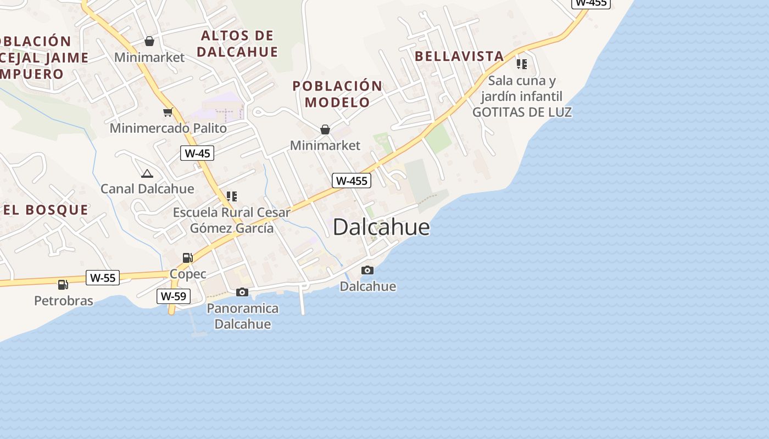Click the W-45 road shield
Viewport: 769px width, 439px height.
[x=197, y=153]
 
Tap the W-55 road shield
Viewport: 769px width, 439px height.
[x=103, y=278]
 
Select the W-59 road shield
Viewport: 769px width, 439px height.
[x=174, y=296]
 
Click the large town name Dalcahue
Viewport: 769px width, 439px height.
[x=381, y=227]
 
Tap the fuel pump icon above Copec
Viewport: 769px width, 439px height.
[x=187, y=257]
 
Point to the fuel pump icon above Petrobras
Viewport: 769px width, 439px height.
[x=63, y=284]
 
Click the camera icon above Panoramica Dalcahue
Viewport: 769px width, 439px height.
[x=242, y=292]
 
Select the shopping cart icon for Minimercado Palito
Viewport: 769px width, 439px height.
[x=168, y=112]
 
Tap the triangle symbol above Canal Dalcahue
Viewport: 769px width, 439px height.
[x=147, y=173]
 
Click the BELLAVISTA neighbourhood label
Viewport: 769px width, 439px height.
[x=459, y=56]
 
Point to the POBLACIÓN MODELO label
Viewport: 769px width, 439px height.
[x=337, y=94]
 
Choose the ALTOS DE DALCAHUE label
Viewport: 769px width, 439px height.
[x=237, y=44]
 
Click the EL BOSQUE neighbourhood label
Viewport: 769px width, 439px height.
[x=46, y=210]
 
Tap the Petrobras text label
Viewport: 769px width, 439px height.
[x=64, y=301]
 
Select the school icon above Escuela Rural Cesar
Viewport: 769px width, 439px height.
[x=232, y=196]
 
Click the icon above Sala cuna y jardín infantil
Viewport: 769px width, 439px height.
[x=522, y=64]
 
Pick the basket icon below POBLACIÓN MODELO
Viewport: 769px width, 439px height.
[x=325, y=130]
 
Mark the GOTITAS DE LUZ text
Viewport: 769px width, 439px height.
[x=522, y=112]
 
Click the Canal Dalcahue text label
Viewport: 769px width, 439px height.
[x=147, y=189]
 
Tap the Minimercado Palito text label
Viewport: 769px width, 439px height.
[x=168, y=128]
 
